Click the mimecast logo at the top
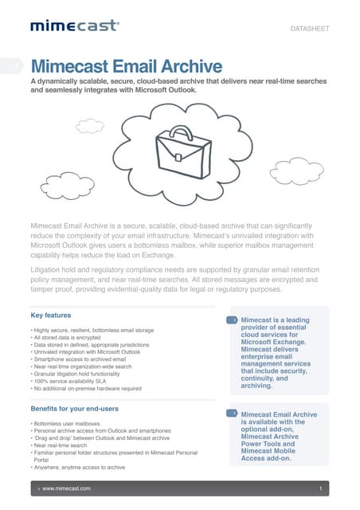click(x=75, y=27)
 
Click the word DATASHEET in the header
click(x=309, y=29)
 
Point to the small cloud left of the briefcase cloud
click(x=90, y=126)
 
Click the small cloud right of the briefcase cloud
click(x=295, y=170)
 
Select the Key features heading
click(x=50, y=316)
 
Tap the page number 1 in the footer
click(x=319, y=487)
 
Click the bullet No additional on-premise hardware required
click(x=87, y=388)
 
